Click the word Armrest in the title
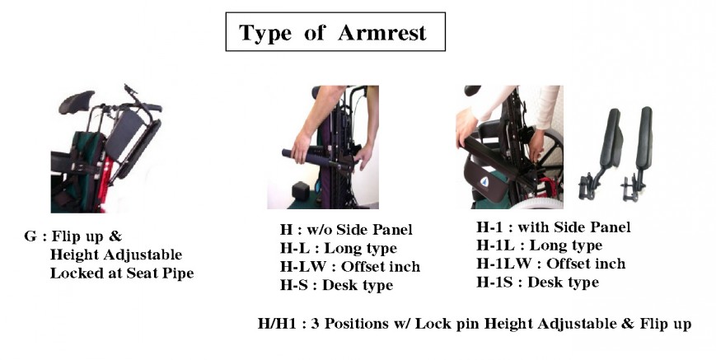pyautogui.click(x=382, y=33)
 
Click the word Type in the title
pyautogui.click(x=265, y=33)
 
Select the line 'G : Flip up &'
pyautogui.click(x=73, y=236)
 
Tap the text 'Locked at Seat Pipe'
pyautogui.click(x=122, y=273)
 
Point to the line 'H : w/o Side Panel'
pyautogui.click(x=346, y=230)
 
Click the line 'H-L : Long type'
pyautogui.click(x=339, y=248)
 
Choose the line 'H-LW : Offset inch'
pyautogui.click(x=350, y=266)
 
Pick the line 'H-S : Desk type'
pyautogui.click(x=336, y=285)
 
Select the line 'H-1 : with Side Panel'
pyautogui.click(x=554, y=227)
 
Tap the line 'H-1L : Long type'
pyautogui.click(x=540, y=245)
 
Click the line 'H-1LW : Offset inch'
pyautogui.click(x=551, y=264)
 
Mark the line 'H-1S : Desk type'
pyautogui.click(x=538, y=283)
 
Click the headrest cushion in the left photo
pyautogui.click(x=76, y=101)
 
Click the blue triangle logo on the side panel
pyautogui.click(x=484, y=181)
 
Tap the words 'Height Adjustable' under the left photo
pyautogui.click(x=116, y=255)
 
